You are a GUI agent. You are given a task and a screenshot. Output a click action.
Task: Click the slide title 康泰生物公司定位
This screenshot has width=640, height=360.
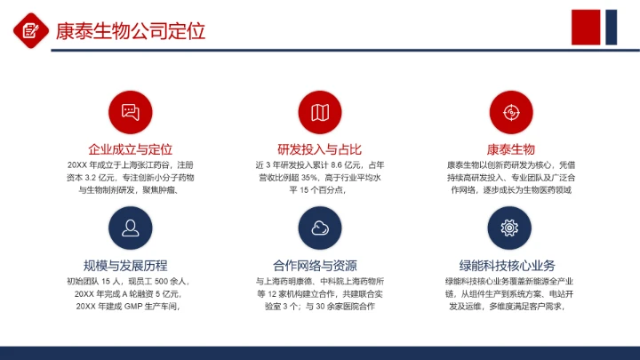130,31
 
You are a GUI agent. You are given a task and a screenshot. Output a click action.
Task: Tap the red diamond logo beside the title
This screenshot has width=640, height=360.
30,30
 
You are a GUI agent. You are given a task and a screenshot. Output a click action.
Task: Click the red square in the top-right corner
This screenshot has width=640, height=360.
586,27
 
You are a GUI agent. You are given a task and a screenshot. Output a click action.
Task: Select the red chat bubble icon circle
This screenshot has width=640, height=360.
131,112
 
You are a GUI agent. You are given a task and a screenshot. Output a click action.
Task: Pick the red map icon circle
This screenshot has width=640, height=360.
320,112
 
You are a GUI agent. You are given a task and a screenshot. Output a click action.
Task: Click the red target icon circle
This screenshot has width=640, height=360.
509,112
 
